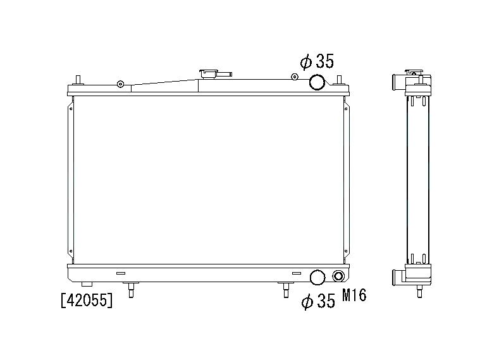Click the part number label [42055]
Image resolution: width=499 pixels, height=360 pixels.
point(87,300)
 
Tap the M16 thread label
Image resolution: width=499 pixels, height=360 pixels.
point(354,295)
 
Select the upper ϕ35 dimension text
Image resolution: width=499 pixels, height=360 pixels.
point(317,61)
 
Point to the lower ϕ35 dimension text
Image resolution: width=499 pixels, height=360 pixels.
point(318,301)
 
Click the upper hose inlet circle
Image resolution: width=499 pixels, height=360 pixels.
point(317,82)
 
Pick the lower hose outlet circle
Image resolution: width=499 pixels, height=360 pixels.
point(317,277)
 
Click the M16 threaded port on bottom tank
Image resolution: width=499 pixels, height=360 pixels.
point(338,276)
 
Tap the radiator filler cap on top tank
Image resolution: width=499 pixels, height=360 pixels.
point(208,75)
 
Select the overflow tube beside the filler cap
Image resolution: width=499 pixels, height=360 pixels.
point(224,75)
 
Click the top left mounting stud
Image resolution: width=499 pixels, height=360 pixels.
point(78,80)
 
